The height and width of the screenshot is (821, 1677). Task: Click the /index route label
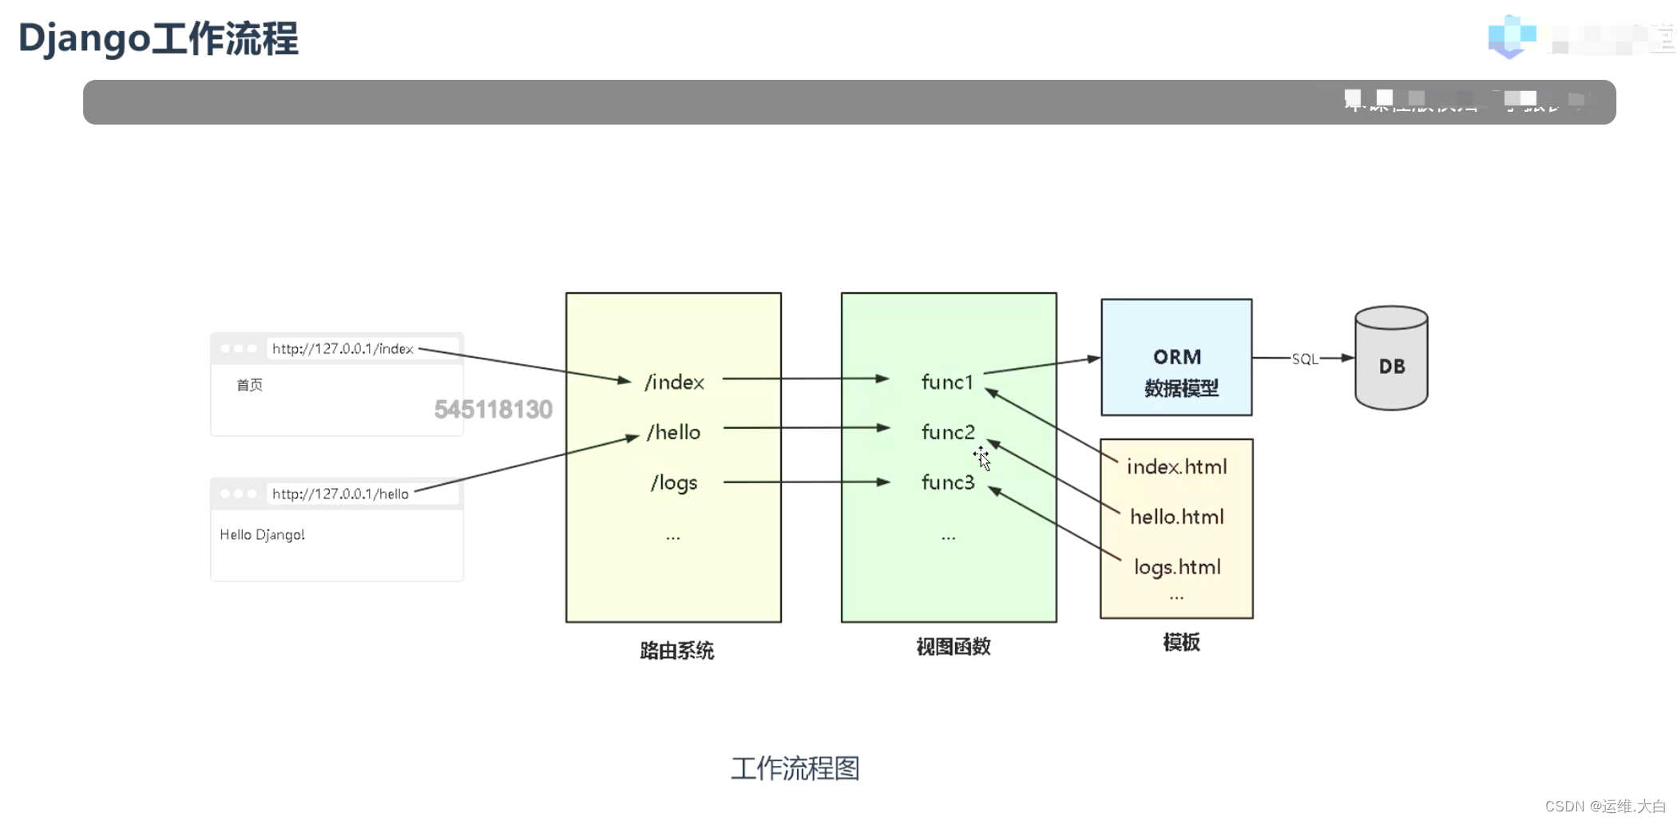pyautogui.click(x=675, y=383)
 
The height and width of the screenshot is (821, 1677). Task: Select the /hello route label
pyautogui.click(x=674, y=432)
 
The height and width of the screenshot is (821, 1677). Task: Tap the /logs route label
pyautogui.click(x=674, y=482)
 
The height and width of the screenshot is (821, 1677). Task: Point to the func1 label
pyautogui.click(x=948, y=383)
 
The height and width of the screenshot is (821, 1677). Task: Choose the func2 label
pyautogui.click(x=948, y=432)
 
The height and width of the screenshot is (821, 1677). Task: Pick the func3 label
pyautogui.click(x=948, y=482)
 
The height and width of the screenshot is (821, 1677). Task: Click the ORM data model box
pyautogui.click(x=1176, y=357)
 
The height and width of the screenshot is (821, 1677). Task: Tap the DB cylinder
pyautogui.click(x=1391, y=359)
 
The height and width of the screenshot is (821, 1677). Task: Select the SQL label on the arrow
pyautogui.click(x=1305, y=359)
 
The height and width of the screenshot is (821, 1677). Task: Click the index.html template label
pyautogui.click(x=1176, y=466)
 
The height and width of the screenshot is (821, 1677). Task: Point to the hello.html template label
pyautogui.click(x=1176, y=517)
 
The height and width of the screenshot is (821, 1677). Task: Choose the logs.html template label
pyautogui.click(x=1177, y=567)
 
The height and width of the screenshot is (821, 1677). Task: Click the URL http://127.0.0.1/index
pyautogui.click(x=343, y=349)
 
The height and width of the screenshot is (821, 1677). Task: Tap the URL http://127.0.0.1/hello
pyautogui.click(x=340, y=494)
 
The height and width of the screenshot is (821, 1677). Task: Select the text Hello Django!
pyautogui.click(x=262, y=534)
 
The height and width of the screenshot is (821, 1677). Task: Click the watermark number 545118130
pyautogui.click(x=493, y=410)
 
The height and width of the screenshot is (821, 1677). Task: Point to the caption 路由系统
pyautogui.click(x=676, y=651)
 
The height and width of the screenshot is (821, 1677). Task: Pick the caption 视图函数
pyautogui.click(x=953, y=647)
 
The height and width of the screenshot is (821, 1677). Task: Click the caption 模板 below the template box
pyautogui.click(x=1181, y=643)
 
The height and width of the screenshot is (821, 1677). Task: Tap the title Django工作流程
pyautogui.click(x=158, y=38)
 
